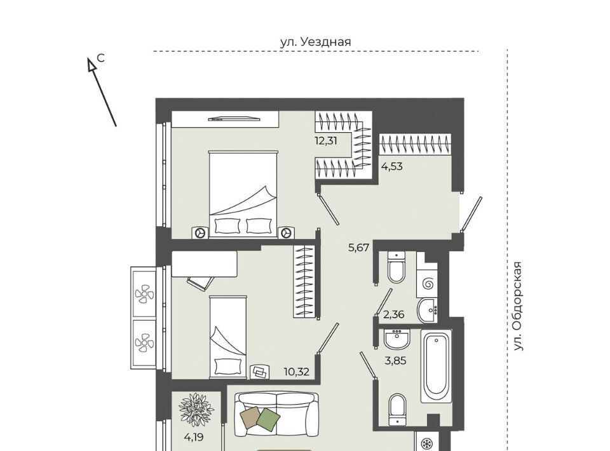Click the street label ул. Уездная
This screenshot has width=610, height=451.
tap(316, 41)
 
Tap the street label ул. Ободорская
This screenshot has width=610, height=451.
tap(517, 306)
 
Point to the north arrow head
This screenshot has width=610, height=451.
tap(91, 65)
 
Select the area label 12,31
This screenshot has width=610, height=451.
tap(326, 141)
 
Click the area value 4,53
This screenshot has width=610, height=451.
tap(392, 167)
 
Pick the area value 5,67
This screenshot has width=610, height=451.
tap(358, 247)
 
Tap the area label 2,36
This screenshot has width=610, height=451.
tap(394, 314)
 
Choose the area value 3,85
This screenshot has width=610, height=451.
tap(395, 361)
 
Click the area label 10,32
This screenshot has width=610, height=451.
tap(297, 372)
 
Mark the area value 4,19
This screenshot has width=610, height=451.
tap(194, 438)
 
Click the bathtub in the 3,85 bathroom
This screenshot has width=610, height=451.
tap(437, 367)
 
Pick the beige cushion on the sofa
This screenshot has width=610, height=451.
tap(251, 417)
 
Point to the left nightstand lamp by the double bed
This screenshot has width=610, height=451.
tap(201, 232)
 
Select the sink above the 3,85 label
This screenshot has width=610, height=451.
tap(396, 339)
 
